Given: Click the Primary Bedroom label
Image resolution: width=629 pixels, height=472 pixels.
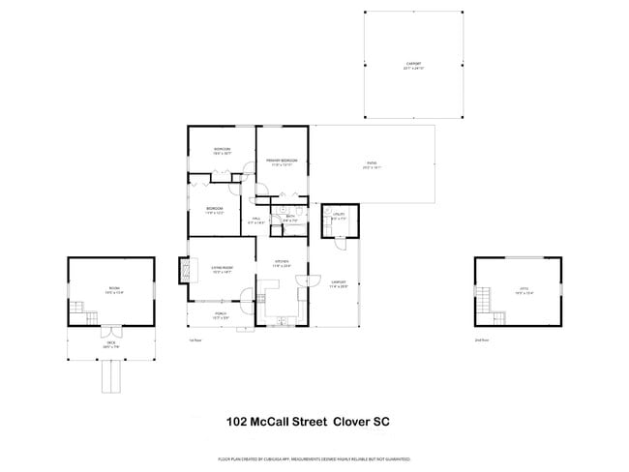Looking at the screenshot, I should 283,162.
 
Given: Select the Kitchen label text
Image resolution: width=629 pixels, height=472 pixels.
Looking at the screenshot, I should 282,263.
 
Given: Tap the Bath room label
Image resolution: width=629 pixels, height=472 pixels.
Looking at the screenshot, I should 289,218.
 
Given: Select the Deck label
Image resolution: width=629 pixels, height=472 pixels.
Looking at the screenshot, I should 110,343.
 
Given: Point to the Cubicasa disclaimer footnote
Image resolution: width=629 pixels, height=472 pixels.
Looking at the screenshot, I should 314,458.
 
